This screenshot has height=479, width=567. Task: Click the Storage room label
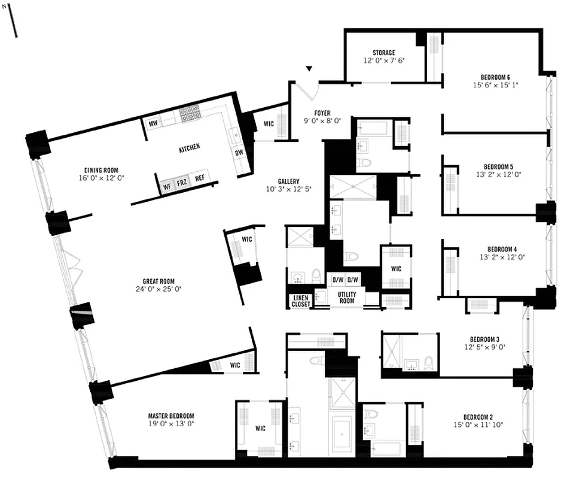click(383, 53)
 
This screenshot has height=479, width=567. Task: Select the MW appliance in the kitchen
click(153, 123)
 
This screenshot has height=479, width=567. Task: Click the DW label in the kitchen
click(239, 153)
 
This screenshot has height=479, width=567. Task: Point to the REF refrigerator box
click(200, 178)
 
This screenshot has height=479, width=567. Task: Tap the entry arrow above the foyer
click(309, 70)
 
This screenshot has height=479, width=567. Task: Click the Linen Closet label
click(301, 301)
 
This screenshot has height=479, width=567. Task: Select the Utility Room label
click(346, 298)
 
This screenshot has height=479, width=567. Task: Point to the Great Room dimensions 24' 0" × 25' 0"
click(158, 289)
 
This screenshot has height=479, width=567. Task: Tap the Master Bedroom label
click(171, 416)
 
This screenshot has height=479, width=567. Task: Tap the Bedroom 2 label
click(478, 417)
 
